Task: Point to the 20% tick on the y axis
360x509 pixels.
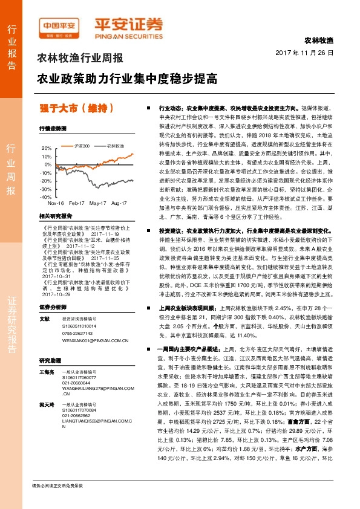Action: (x=46, y=148)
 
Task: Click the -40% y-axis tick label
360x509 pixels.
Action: (x=45, y=197)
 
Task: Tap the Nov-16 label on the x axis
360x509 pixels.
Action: (x=55, y=204)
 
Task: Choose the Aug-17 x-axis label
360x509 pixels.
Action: (x=119, y=204)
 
